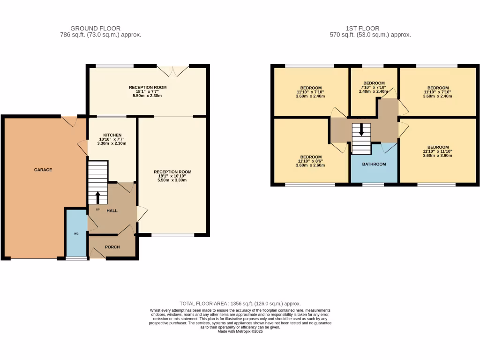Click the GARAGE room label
tap(43, 170)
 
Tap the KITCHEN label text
tap(112, 135)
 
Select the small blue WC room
tap(76, 233)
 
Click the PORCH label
tap(112, 247)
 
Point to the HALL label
tap(112, 210)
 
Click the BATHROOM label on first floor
tap(374, 164)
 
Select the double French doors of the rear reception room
tap(173, 71)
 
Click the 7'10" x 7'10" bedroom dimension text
tap(374, 87)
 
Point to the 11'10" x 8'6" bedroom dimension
tap(311, 161)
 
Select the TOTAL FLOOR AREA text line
tap(240, 304)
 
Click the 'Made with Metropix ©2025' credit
tap(240, 331)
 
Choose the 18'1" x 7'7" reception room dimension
tap(148, 91)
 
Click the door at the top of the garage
tap(68, 121)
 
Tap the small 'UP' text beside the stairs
tap(97, 210)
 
